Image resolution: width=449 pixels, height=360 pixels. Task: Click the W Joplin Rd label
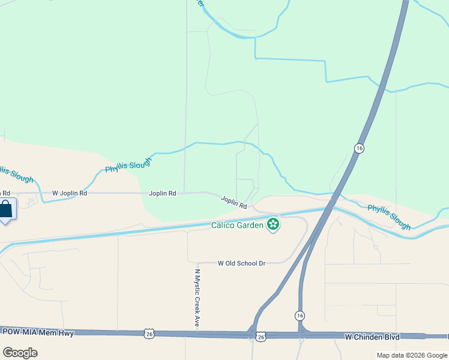coord(70,193)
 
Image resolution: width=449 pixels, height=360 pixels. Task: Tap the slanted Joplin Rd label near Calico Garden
coord(234,202)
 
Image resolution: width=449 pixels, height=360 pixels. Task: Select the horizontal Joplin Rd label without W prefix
coord(163,193)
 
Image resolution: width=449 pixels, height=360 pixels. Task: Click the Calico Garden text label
coord(237,226)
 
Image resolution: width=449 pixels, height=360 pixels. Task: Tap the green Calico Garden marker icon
coord(273,225)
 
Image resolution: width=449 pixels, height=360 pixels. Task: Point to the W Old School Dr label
coord(241,263)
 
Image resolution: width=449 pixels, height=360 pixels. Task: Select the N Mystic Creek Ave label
coord(196,297)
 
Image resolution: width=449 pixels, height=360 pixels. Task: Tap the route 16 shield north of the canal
coord(359,148)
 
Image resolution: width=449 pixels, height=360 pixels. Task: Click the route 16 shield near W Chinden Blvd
coord(300,316)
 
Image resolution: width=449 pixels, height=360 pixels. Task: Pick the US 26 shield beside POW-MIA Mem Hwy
coord(149,333)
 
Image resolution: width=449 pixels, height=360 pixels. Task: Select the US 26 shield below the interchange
coord(261,337)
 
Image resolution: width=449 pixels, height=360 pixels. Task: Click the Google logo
coord(20,352)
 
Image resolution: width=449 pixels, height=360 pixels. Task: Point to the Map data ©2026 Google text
coord(411,355)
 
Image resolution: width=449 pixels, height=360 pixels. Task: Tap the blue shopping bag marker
coord(6,210)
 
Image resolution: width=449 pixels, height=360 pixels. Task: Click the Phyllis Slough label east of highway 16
coord(389,217)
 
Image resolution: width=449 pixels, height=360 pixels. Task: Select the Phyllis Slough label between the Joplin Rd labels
coord(128,161)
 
